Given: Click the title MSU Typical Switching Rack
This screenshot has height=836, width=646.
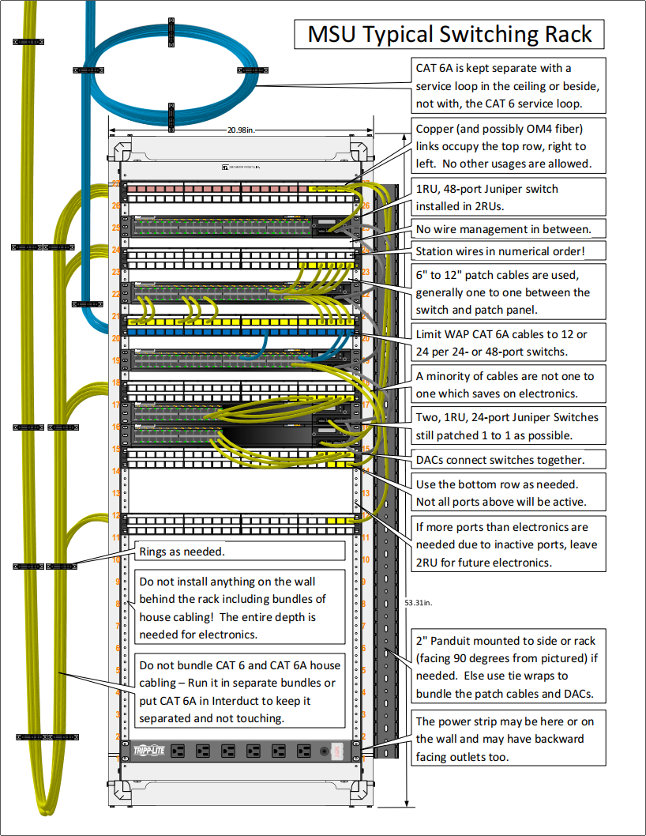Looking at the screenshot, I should pyautogui.click(x=449, y=35).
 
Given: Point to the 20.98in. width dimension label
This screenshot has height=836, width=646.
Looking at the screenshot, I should pyautogui.click(x=242, y=130).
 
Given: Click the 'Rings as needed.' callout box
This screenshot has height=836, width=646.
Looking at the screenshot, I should pyautogui.click(x=240, y=552).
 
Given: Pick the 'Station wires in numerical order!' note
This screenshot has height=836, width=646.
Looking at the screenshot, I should pyautogui.click(x=509, y=252).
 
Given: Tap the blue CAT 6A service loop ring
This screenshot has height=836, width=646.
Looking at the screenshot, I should pyautogui.click(x=171, y=70).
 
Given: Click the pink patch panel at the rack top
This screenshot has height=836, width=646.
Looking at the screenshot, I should pyautogui.click(x=237, y=188).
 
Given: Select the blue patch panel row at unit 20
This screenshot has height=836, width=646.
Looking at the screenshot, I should pyautogui.click(x=237, y=333).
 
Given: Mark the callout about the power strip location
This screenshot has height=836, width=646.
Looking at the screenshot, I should pyautogui.click(x=509, y=739).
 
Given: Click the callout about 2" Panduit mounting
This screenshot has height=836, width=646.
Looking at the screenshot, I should pyautogui.click(x=509, y=668).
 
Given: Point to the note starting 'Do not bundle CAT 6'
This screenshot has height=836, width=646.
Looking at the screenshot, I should pyautogui.click(x=240, y=691).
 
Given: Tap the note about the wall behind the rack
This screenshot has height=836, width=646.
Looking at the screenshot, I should pyautogui.click(x=240, y=608).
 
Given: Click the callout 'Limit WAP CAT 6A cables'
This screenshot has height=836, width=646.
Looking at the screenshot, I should pyautogui.click(x=509, y=343).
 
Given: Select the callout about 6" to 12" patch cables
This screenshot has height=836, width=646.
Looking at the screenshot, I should pyautogui.click(x=509, y=292).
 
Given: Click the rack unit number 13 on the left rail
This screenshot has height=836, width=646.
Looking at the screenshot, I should pyautogui.click(x=115, y=493).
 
